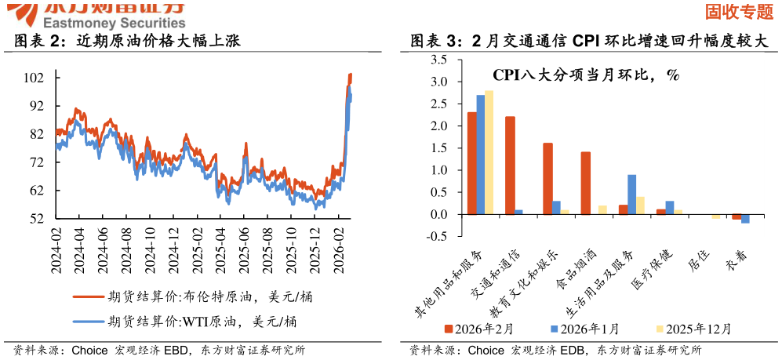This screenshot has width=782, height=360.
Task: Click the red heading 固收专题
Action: [x=739, y=11]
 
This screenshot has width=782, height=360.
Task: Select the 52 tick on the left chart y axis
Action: [x=36, y=219]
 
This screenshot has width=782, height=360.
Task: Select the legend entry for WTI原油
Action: [x=184, y=321]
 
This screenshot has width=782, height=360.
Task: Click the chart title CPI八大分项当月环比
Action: [x=585, y=75]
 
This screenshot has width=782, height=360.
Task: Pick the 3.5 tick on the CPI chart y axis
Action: [x=439, y=60]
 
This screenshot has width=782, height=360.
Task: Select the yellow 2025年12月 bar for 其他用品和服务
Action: [x=489, y=152]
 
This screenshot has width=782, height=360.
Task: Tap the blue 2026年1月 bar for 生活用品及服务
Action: [x=631, y=195]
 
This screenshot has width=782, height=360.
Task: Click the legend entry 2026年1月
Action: [x=584, y=329]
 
